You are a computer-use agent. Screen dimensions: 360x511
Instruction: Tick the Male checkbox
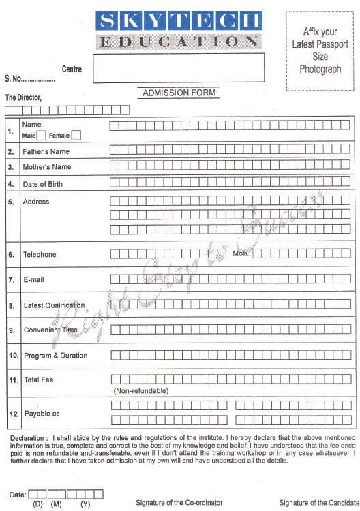pos(41,136)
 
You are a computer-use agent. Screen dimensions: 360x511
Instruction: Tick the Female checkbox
pos(76,136)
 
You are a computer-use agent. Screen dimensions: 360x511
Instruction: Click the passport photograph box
pos(320,50)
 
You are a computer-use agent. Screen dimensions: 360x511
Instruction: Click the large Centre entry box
pos(178,68)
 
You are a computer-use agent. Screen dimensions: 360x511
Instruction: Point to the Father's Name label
pos(46,151)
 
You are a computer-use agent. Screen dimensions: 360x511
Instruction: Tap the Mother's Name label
pos(46,167)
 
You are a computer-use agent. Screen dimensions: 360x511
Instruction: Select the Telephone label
pos(40,255)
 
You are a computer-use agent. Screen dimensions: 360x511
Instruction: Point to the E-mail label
pos(35,279)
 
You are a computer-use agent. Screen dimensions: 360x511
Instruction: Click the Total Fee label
pos(38,380)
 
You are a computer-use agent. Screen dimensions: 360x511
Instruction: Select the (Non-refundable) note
pos(140,391)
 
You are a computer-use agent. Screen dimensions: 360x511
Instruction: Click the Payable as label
pos(42,414)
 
